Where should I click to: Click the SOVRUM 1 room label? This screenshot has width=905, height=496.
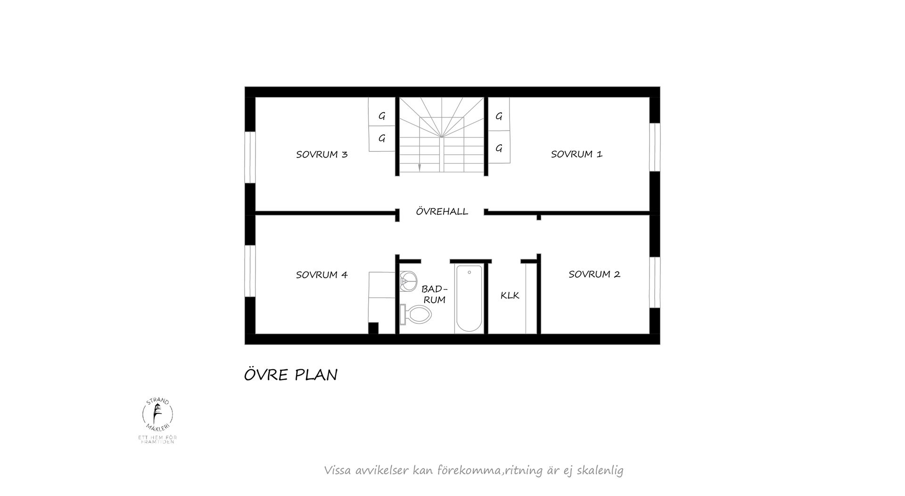(x=576, y=154)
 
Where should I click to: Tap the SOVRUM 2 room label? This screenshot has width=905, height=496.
(x=594, y=274)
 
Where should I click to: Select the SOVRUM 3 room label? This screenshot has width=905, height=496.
(x=321, y=155)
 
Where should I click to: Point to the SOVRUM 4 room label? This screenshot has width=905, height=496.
(x=321, y=275)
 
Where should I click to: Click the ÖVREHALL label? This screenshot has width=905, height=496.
(x=442, y=212)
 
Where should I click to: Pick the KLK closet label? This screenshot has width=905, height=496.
(x=510, y=296)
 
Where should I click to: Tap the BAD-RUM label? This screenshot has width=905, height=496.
(x=434, y=294)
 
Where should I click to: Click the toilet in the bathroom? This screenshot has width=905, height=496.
(x=416, y=314)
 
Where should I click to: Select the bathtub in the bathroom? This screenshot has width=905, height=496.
(x=469, y=299)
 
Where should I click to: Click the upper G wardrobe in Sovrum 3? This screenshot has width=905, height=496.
(x=382, y=116)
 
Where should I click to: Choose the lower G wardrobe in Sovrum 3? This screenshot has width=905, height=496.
(x=382, y=139)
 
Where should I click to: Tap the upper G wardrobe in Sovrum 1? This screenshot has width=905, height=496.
(x=499, y=116)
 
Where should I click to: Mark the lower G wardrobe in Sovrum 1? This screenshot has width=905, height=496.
(x=499, y=149)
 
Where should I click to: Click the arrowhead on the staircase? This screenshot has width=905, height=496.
(x=419, y=167)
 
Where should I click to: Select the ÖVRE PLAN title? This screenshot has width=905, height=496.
(x=290, y=375)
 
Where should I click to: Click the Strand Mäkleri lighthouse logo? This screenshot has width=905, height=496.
(x=158, y=414)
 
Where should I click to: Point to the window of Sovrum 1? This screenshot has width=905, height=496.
(x=654, y=147)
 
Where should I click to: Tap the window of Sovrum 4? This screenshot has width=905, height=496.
(x=250, y=271)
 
